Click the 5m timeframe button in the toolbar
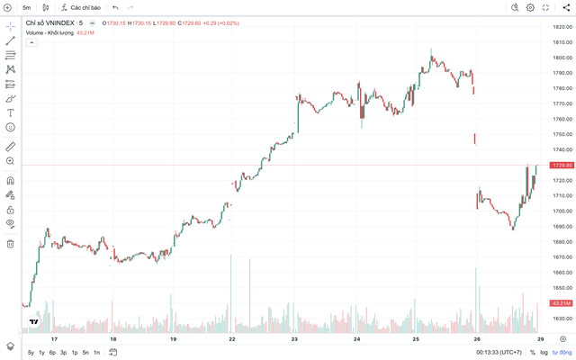point(26,7)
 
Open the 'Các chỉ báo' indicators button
point(83,7)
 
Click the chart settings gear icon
point(530,7)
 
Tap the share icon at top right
point(564,7)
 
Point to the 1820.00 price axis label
point(563,27)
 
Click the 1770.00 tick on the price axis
point(563,103)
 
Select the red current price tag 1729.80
point(562,166)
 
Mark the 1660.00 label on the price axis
point(563,273)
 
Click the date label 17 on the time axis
point(54,339)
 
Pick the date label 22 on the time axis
point(232,339)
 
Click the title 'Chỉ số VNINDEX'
point(59,22)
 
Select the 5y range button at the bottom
point(31,353)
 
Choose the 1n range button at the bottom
point(96,353)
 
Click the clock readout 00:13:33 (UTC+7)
point(499,353)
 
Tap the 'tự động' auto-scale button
point(562,353)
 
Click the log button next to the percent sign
point(544,353)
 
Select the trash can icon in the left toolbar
point(10,243)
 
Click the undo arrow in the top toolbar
point(115,7)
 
